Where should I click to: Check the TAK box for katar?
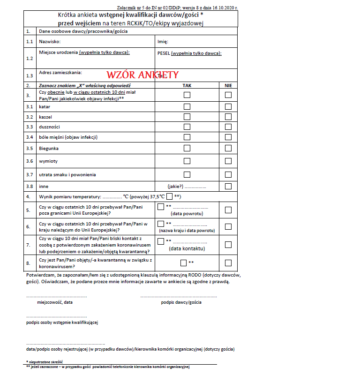(x=187, y=106)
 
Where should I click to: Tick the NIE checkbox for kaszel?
(x=228, y=117)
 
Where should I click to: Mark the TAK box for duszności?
(x=187, y=127)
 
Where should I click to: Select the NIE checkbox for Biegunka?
(x=228, y=149)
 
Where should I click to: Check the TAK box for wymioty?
(x=187, y=161)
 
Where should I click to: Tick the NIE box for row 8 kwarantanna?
(x=228, y=263)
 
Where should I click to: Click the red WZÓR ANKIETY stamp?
(x=142, y=75)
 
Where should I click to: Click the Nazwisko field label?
(x=50, y=42)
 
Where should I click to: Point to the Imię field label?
(x=164, y=42)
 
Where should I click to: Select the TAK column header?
(x=187, y=86)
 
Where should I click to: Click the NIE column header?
(x=228, y=86)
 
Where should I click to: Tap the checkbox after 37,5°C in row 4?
(x=169, y=196)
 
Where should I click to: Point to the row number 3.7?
(x=30, y=175)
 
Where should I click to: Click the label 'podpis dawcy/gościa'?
(x=181, y=302)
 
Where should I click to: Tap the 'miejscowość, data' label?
(x=55, y=302)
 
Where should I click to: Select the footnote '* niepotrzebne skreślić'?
(x=45, y=362)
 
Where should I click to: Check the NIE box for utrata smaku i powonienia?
(x=228, y=175)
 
